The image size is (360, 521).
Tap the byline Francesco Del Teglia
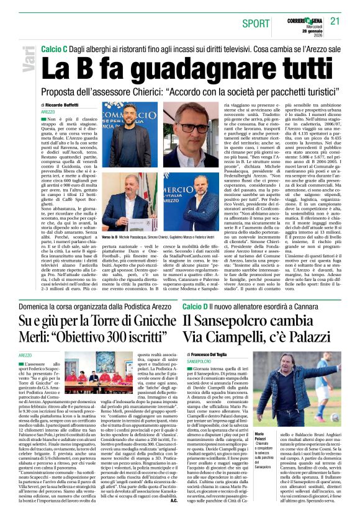pyautogui.click(x=211, y=354)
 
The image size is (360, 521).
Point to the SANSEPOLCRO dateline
pyautogui.click(x=199, y=360)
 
